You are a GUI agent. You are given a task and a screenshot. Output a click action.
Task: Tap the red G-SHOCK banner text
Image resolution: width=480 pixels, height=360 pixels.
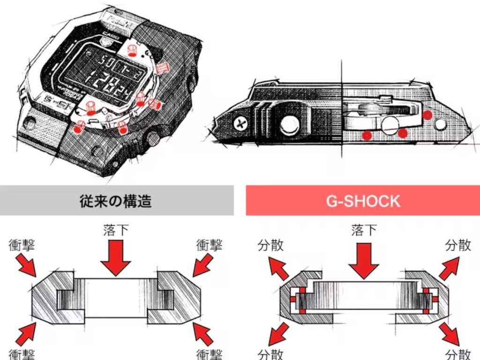[x=363, y=201]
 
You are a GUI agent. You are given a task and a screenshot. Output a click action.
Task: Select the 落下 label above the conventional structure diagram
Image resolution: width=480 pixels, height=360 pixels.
[x=116, y=231]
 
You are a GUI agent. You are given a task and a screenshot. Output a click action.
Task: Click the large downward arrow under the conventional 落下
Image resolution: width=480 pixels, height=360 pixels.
[x=116, y=258]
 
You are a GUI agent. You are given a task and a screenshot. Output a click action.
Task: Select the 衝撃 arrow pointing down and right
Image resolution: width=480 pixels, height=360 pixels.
[x=27, y=265]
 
